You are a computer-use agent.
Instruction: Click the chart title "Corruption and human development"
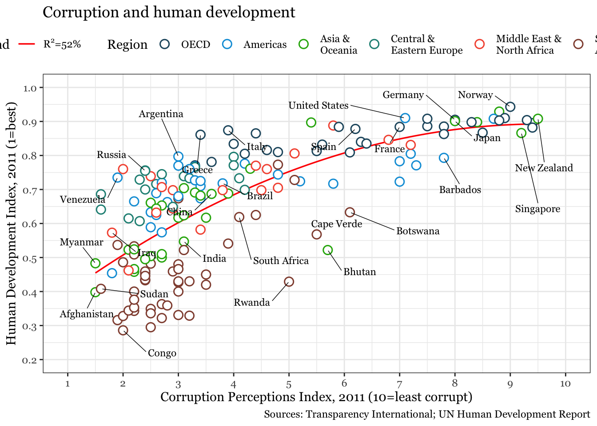169,12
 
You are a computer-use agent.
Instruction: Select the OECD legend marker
165,44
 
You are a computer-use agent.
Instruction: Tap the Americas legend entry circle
227,44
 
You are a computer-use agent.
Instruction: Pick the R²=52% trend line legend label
62,44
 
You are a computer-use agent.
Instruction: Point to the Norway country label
475,95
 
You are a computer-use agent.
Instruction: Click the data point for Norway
510,106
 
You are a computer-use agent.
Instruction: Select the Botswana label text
418,231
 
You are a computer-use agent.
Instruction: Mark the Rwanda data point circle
289,282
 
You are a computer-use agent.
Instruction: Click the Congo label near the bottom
162,353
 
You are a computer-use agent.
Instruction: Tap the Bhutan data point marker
328,250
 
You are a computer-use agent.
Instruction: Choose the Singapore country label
537,209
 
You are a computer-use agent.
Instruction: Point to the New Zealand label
544,168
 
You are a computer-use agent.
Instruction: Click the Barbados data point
444,158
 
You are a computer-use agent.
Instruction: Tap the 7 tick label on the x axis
399,384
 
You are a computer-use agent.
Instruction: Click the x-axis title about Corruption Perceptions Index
316,397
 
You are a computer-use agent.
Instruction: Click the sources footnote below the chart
426,414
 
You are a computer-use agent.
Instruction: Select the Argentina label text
161,114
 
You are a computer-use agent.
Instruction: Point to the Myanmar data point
95,263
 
